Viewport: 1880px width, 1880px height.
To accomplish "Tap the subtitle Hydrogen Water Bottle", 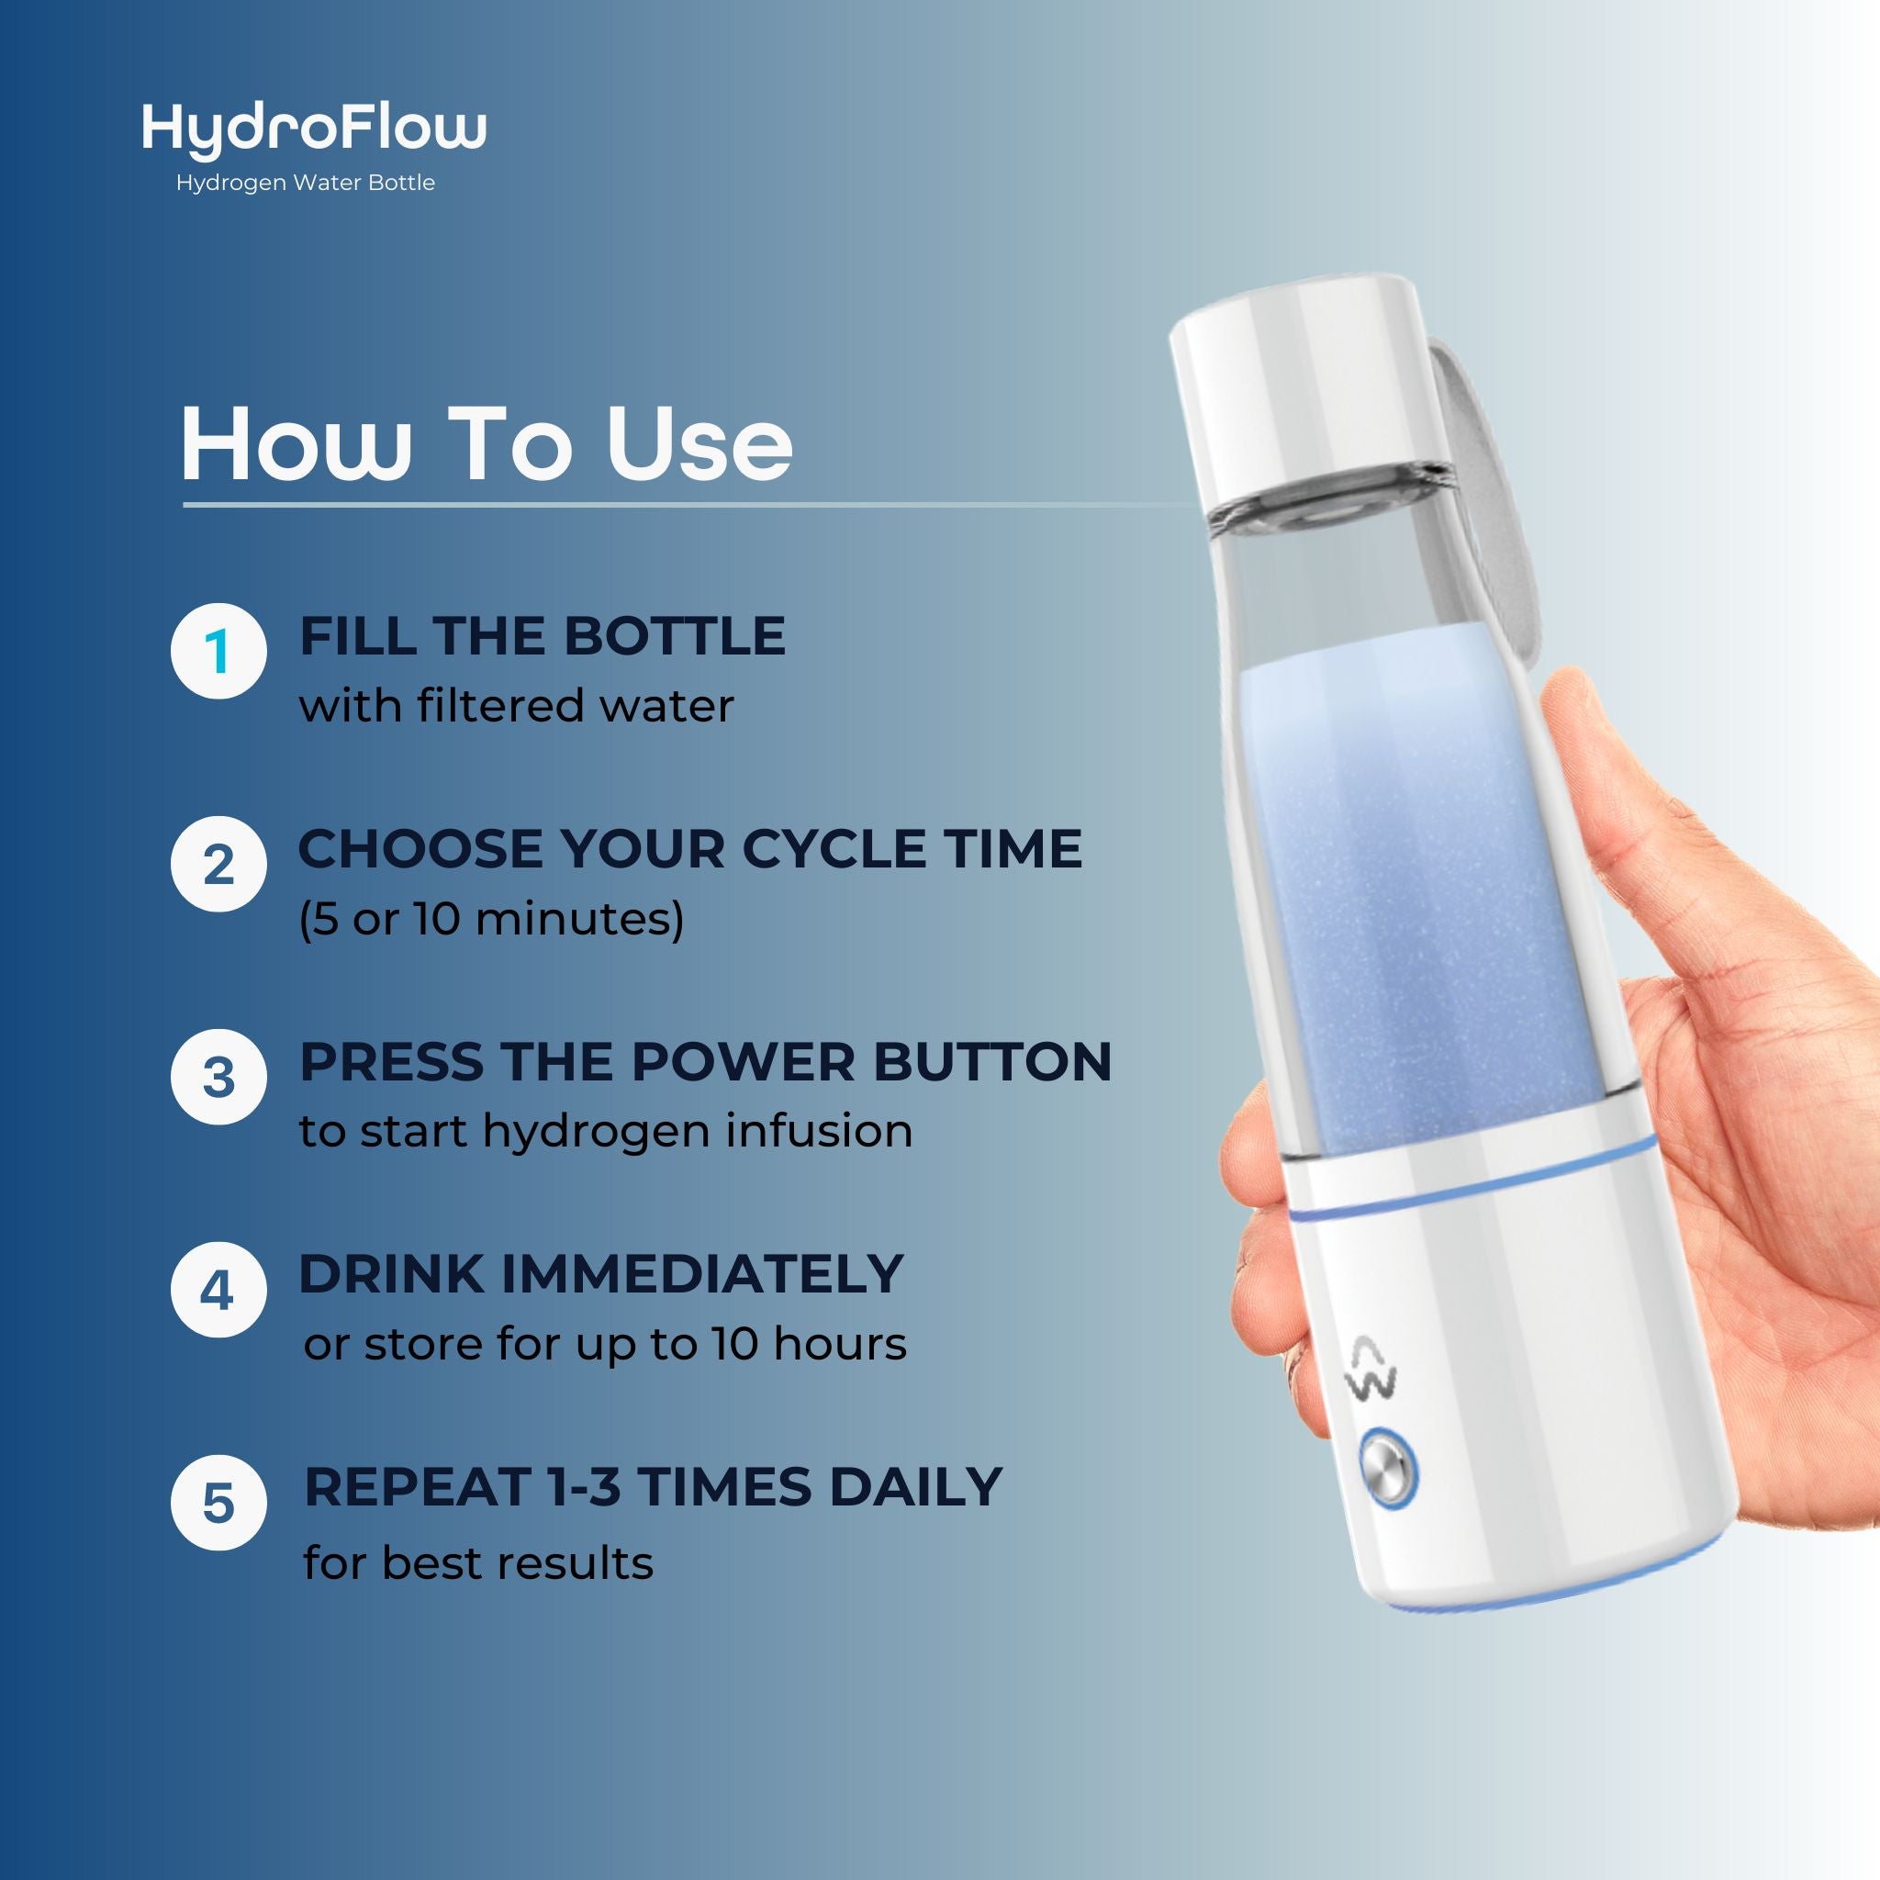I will [305, 183].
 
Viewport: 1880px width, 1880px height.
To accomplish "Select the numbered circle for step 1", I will [218, 651].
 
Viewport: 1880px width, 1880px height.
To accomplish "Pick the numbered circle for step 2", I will [218, 864].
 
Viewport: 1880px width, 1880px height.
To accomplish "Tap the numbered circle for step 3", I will [218, 1077].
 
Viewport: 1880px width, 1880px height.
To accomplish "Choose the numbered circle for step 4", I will [218, 1291].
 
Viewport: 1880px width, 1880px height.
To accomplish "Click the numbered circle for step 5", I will [218, 1504].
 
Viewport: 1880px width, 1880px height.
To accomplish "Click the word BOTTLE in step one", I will [675, 636].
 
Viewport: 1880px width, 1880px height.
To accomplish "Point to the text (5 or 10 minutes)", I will [491, 919].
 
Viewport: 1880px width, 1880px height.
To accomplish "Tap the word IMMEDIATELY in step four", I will [700, 1275].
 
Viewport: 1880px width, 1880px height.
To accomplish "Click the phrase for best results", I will [477, 1563].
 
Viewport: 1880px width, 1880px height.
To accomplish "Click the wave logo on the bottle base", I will [1373, 1371].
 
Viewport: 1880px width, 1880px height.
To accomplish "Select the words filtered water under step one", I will [575, 706].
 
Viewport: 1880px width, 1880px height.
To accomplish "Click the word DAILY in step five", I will [914, 1487].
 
